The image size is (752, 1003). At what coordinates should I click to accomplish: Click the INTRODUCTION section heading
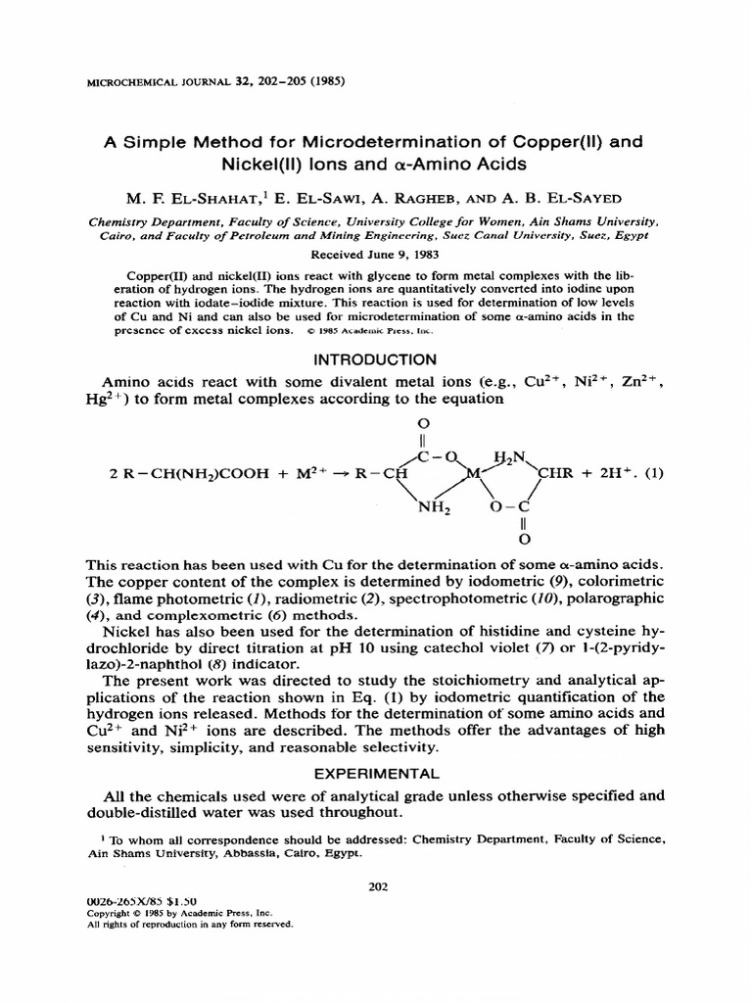(375, 359)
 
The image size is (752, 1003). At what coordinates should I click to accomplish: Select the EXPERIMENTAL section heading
(375, 774)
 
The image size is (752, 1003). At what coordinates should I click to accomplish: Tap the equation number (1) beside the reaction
(654, 473)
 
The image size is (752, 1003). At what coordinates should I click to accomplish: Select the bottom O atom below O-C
(524, 538)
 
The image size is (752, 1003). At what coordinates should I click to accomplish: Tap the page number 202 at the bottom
(378, 887)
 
